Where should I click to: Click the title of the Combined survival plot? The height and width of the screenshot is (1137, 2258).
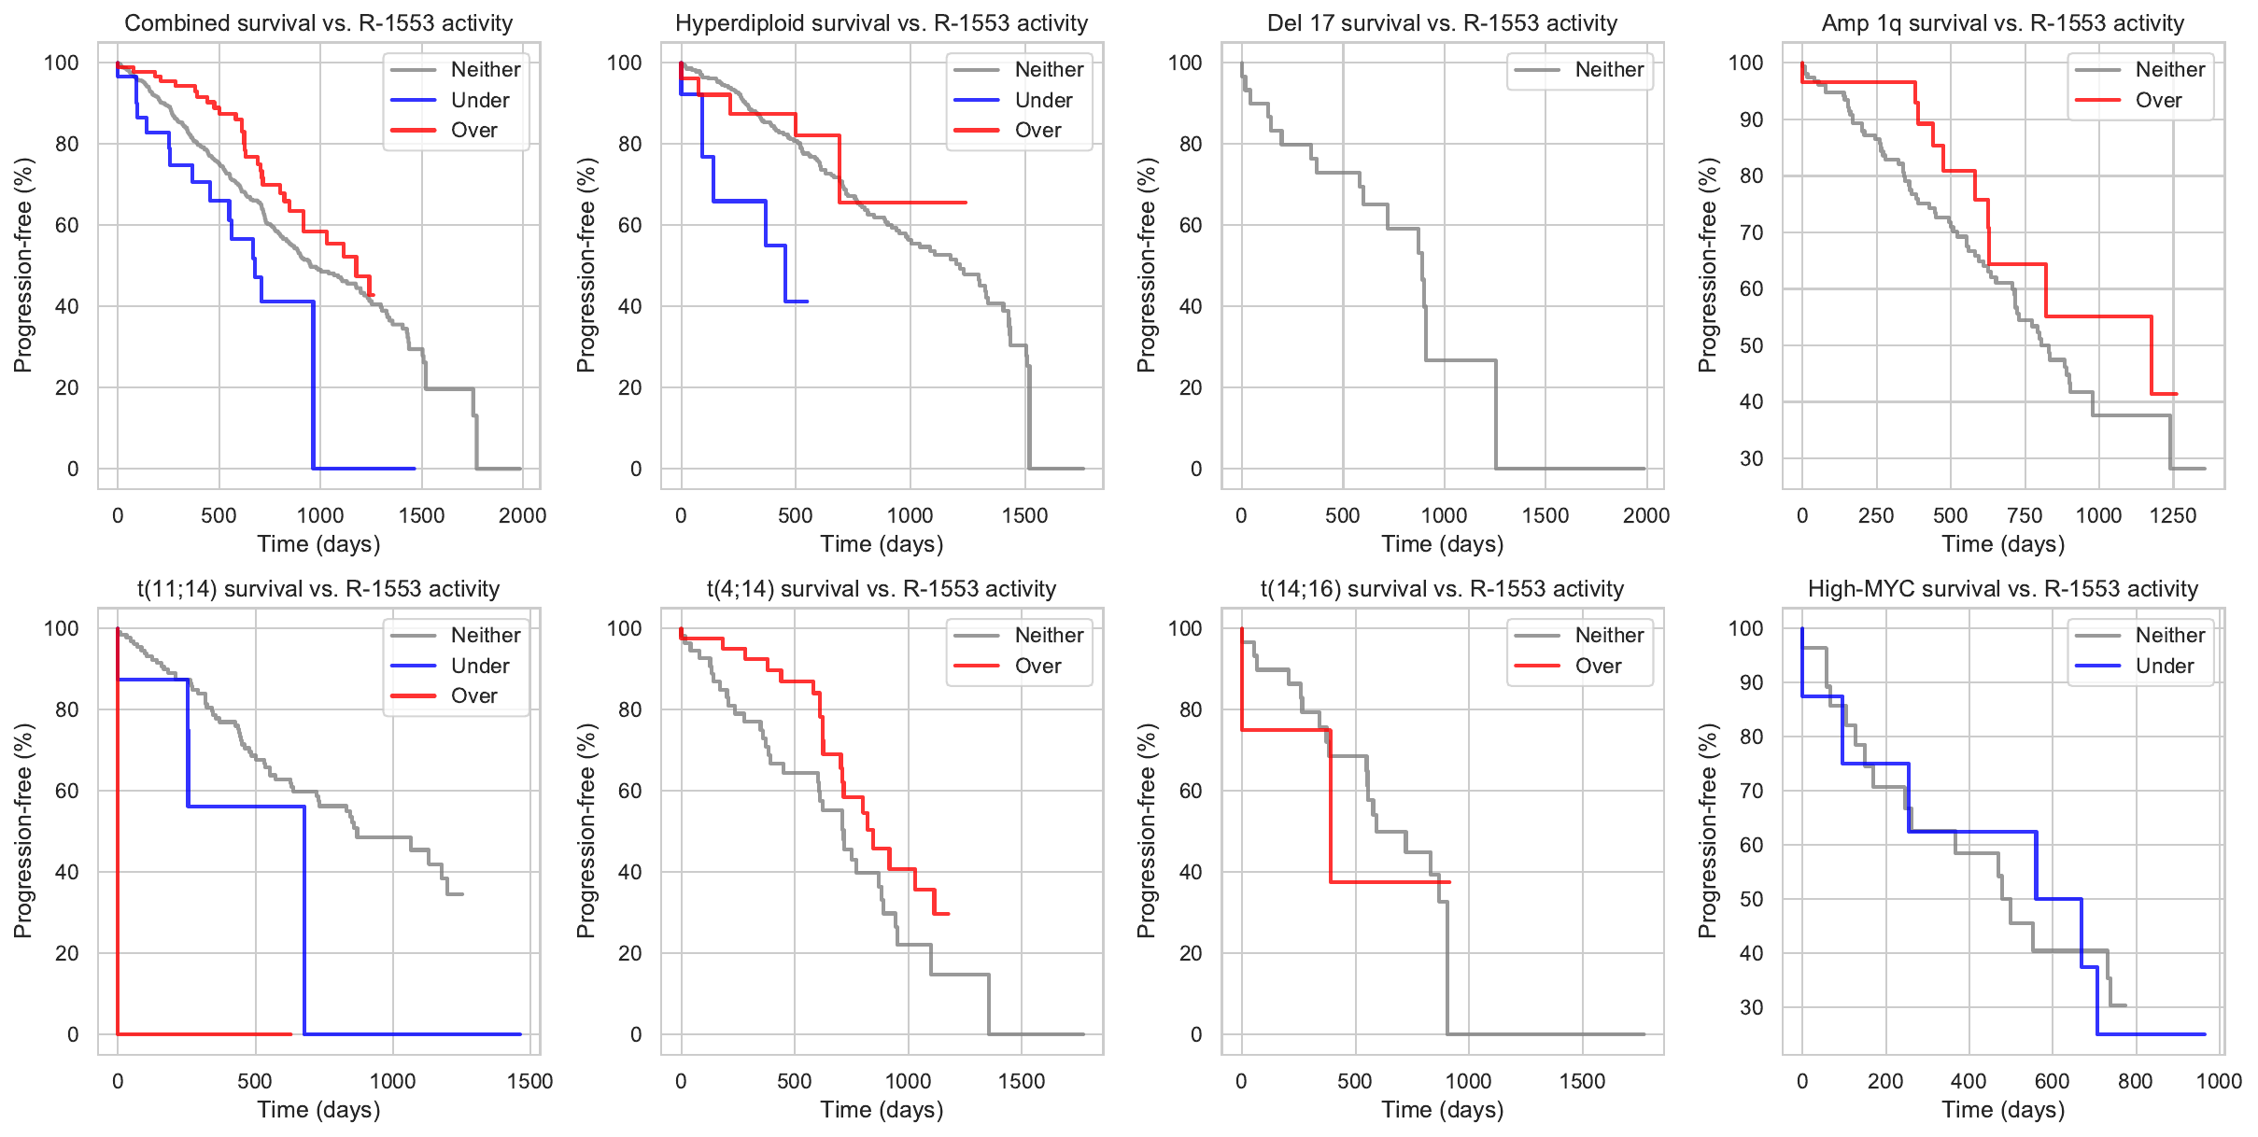pyautogui.click(x=318, y=23)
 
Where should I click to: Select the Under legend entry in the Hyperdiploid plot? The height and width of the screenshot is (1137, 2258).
pyautogui.click(x=1043, y=100)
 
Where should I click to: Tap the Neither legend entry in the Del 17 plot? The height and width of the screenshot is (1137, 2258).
pyautogui.click(x=1609, y=69)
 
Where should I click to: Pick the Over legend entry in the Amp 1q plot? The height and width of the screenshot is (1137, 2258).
pyautogui.click(x=2158, y=100)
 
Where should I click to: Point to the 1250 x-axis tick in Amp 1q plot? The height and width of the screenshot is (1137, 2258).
pyautogui.click(x=2173, y=515)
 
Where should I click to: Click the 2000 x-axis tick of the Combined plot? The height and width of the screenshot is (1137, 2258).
pyautogui.click(x=522, y=515)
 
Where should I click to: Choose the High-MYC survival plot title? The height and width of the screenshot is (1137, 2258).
pyautogui.click(x=2003, y=589)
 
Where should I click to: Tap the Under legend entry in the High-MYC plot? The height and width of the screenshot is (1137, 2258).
pyautogui.click(x=2165, y=666)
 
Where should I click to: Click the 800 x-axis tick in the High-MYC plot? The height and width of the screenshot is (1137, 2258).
pyautogui.click(x=2136, y=1081)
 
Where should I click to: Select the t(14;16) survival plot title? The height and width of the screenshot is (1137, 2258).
pyautogui.click(x=1442, y=589)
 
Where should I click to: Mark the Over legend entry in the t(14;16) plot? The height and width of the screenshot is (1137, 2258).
pyautogui.click(x=1598, y=666)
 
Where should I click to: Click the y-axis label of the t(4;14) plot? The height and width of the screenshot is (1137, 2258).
pyautogui.click(x=586, y=831)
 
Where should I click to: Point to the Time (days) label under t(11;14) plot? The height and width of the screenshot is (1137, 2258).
pyautogui.click(x=318, y=1110)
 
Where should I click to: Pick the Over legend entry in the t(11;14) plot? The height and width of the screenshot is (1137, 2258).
pyautogui.click(x=473, y=695)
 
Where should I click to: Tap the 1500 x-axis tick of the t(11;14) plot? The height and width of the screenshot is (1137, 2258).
pyautogui.click(x=530, y=1081)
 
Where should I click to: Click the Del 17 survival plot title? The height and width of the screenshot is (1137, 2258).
pyautogui.click(x=1442, y=23)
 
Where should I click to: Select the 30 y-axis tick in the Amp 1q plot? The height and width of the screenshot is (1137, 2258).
pyautogui.click(x=1751, y=458)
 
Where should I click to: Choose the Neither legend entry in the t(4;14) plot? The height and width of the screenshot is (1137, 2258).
pyautogui.click(x=1049, y=635)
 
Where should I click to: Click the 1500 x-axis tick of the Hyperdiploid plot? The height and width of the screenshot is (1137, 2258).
pyautogui.click(x=1024, y=515)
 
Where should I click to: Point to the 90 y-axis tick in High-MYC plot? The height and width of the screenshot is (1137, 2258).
pyautogui.click(x=1751, y=682)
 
